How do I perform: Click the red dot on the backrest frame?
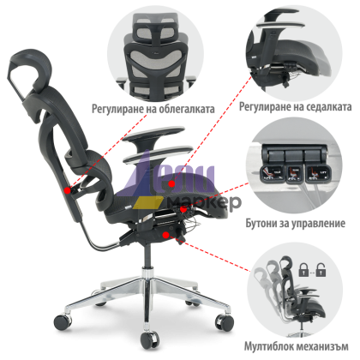[x=68, y=190]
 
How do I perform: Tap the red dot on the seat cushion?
[x=171, y=183]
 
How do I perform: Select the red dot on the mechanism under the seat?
[x=165, y=235]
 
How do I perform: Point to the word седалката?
[x=324, y=107]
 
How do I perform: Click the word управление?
[x=318, y=223]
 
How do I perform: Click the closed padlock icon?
[x=303, y=270]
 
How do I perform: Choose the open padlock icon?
[x=321, y=270]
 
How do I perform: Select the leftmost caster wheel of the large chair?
[x=63, y=321]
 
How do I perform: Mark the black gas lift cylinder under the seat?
[x=147, y=255]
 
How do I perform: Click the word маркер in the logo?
[x=204, y=202]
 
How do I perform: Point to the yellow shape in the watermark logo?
[x=147, y=203]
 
